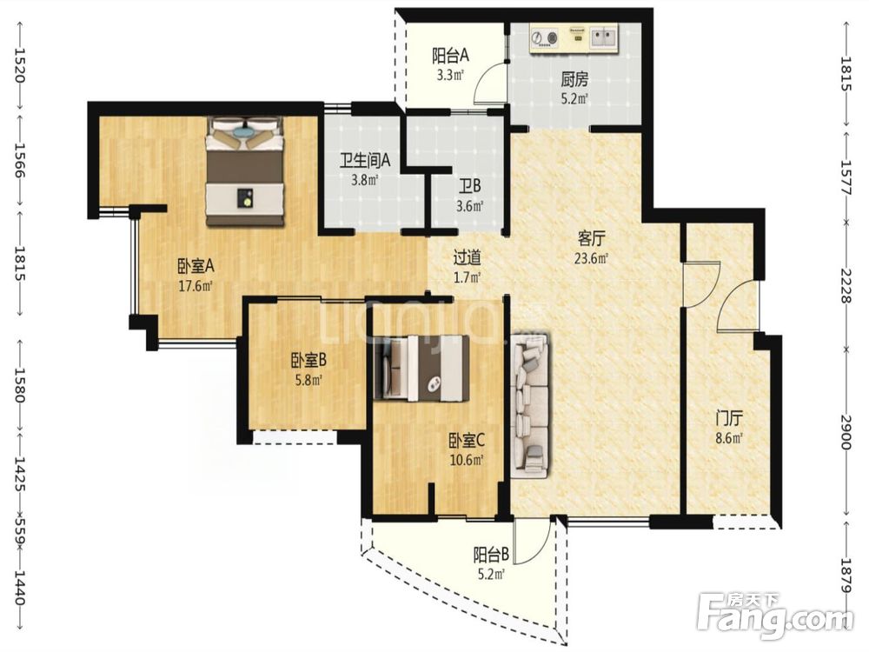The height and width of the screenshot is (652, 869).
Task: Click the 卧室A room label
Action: [196, 267]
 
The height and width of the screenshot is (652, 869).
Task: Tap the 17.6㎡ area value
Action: [195, 287]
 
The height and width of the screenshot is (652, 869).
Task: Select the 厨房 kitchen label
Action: [574, 81]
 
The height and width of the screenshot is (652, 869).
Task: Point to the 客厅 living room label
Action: [591, 240]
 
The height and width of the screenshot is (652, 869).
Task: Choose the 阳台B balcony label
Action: [491, 555]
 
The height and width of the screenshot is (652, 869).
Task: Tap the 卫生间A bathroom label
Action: [365, 161]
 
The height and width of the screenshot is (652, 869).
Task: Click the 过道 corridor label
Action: [467, 258]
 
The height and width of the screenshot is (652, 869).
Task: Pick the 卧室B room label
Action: [308, 362]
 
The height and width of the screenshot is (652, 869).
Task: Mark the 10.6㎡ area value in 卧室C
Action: [467, 460]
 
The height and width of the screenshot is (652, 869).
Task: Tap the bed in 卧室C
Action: [421, 368]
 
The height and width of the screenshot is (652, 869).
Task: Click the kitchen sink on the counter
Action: [603, 37]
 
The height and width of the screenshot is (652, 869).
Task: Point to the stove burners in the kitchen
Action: [546, 37]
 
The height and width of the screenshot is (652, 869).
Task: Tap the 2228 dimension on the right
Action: [846, 285]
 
